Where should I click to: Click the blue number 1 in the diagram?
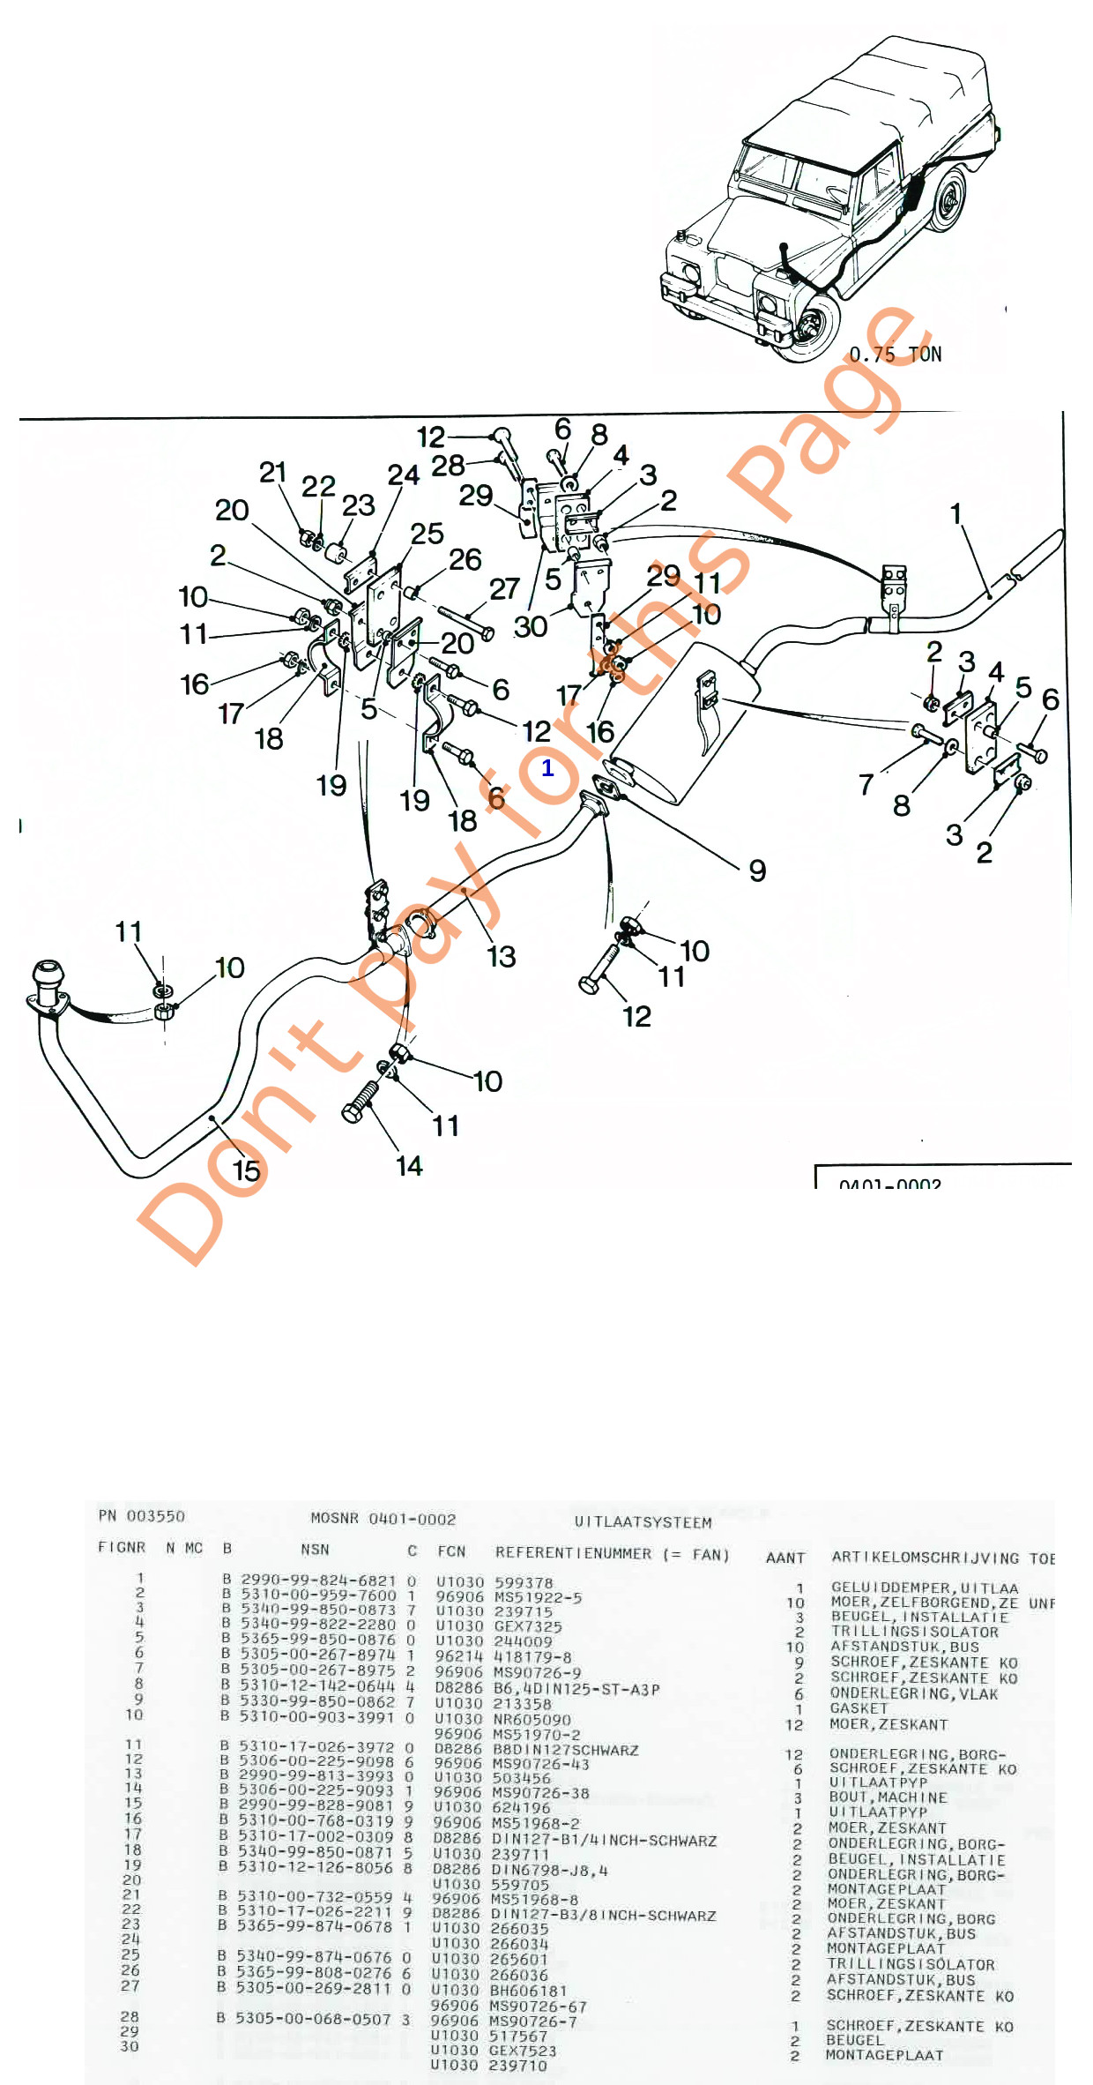547,767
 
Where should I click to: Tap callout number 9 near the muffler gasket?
757,871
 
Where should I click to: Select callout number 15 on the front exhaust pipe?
246,1170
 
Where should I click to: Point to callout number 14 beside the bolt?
409,1166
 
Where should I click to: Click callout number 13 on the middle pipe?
501,956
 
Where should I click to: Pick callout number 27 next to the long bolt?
504,589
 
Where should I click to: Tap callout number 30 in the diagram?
531,626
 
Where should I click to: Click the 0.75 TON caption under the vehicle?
895,355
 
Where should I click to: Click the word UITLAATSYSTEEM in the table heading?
643,1522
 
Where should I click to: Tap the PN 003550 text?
142,1516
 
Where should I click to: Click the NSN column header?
315,1550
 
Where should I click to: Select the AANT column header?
785,1558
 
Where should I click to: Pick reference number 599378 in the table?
524,1583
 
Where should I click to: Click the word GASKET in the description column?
859,1708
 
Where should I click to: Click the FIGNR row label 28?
130,2016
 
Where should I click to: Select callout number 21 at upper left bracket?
272,473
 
